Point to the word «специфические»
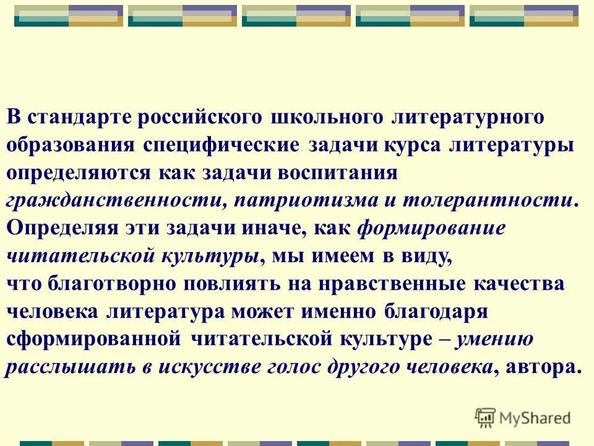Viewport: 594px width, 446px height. pos(222,145)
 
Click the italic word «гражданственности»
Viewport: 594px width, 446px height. pos(111,201)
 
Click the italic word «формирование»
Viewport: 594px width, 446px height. pos(431,229)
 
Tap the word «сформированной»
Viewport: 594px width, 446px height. pos(93,339)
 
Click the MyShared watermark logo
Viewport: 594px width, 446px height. pos(523,418)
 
